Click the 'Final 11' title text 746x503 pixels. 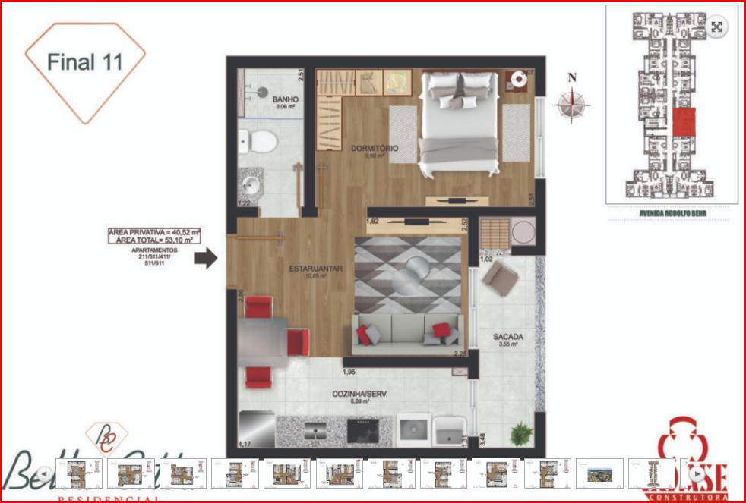click(84, 61)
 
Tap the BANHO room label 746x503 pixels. click(286, 99)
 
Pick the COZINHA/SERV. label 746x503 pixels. click(356, 394)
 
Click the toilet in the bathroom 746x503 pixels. click(259, 142)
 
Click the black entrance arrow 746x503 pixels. click(206, 259)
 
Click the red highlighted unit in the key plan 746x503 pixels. click(685, 121)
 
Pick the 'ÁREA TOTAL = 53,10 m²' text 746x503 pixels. click(154, 240)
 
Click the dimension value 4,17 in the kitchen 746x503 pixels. click(245, 443)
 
